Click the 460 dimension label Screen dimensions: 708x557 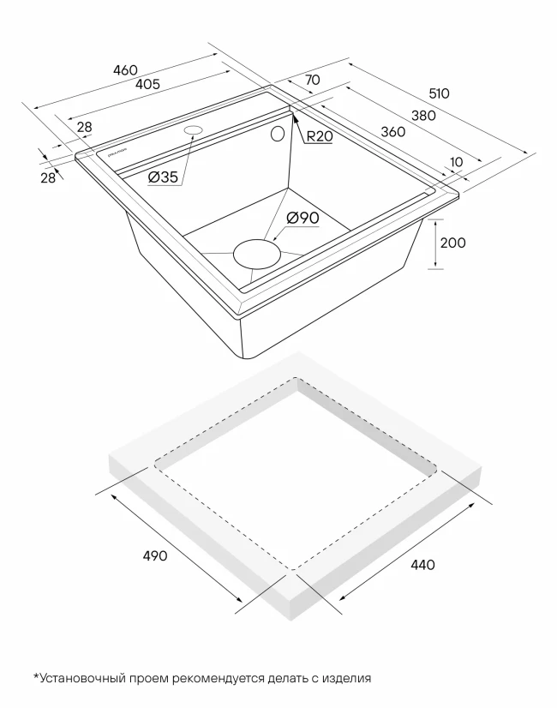pos(125,69)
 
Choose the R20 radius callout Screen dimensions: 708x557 pos(319,136)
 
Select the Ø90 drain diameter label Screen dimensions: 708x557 pos(302,218)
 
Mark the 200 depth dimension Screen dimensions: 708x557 pos(452,243)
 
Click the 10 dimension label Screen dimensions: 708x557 pos(455,161)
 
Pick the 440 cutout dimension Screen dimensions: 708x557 pos(422,564)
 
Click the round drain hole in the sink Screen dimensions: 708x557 pos(255,254)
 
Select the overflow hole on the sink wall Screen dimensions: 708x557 pos(278,135)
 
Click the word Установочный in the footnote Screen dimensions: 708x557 pos(81,678)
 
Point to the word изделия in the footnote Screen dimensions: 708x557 pos(347,678)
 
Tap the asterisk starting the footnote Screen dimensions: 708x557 pos(36,676)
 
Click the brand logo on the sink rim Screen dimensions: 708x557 pos(114,155)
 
